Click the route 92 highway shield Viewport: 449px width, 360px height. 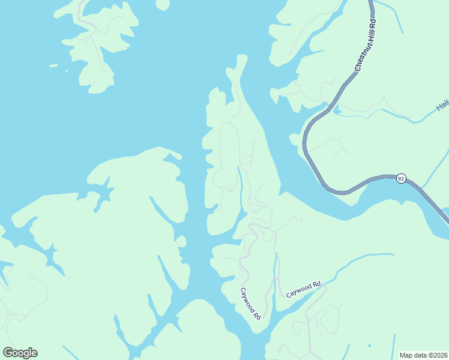tap(401, 178)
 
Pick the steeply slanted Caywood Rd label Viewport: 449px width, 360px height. tap(250, 303)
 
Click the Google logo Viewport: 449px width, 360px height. tap(20, 353)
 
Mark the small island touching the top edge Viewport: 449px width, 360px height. tap(163, 4)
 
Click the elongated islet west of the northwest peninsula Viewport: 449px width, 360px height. tap(53, 65)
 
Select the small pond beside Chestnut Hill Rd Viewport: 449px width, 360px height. tap(336, 110)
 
